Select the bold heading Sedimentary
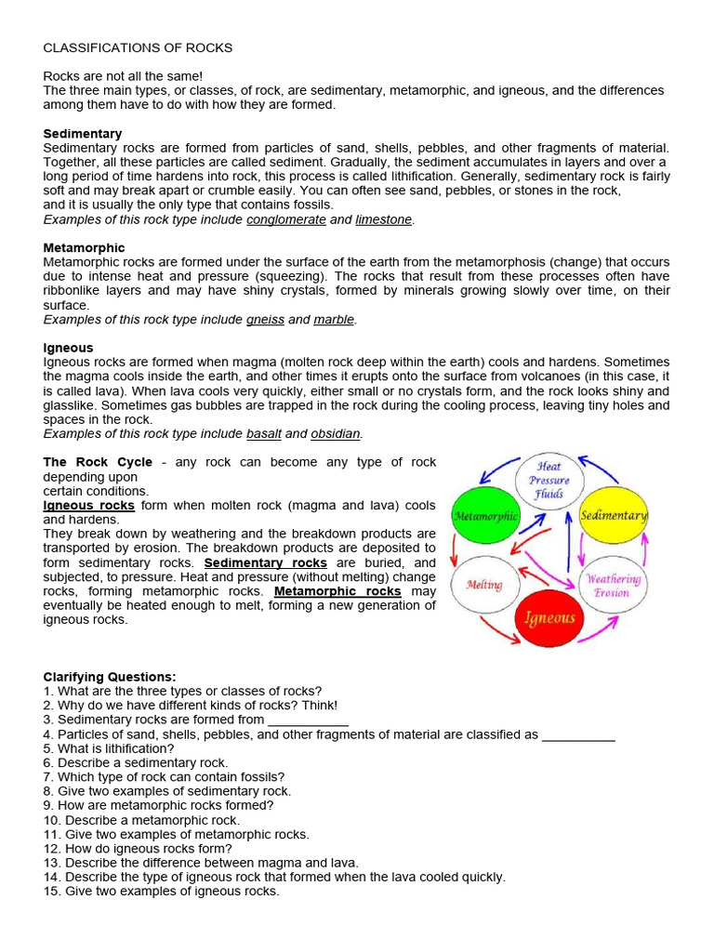coord(83,134)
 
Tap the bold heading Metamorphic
coord(84,248)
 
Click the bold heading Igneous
coord(69,348)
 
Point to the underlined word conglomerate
coord(285,219)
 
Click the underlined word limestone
coord(383,219)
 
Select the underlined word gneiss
coord(265,319)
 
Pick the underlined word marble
coord(335,319)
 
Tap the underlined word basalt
coord(264,433)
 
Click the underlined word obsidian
coord(336,433)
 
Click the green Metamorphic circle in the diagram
coord(484,516)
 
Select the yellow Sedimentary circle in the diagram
coord(614,516)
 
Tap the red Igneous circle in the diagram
coord(549,617)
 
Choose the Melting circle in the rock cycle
coord(484,585)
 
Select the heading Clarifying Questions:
coord(110,677)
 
